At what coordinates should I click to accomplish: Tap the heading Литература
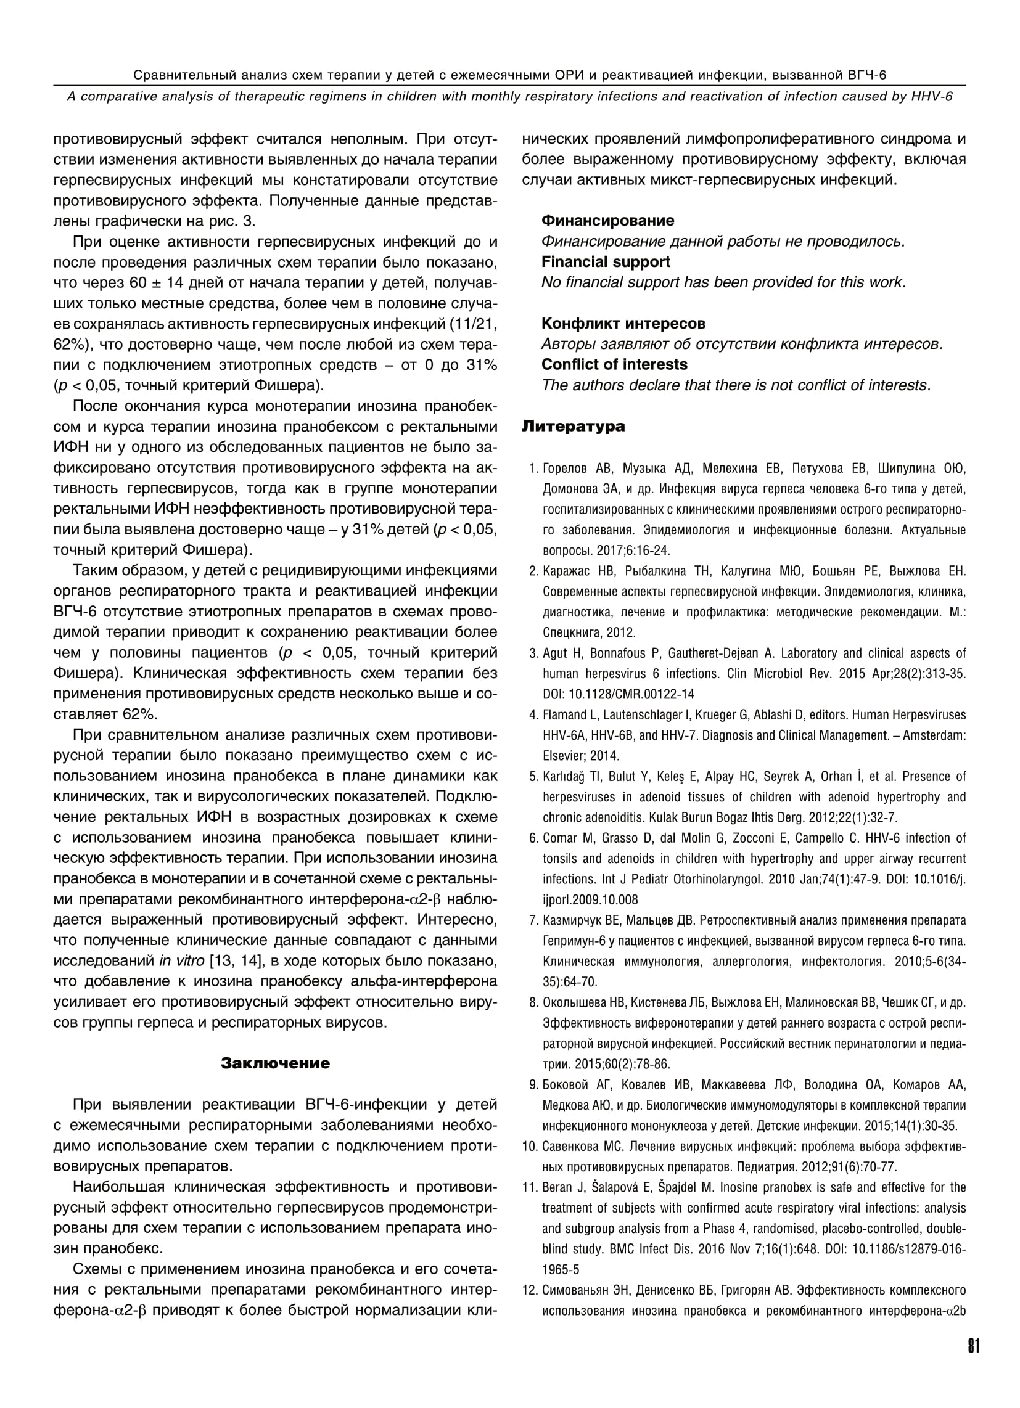click(573, 427)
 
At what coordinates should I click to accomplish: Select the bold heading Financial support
click(605, 262)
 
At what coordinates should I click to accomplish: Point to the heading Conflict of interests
click(614, 364)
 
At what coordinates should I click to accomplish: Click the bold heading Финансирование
click(607, 221)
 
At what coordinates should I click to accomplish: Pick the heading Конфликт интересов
click(623, 324)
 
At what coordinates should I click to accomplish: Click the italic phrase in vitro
click(181, 960)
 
